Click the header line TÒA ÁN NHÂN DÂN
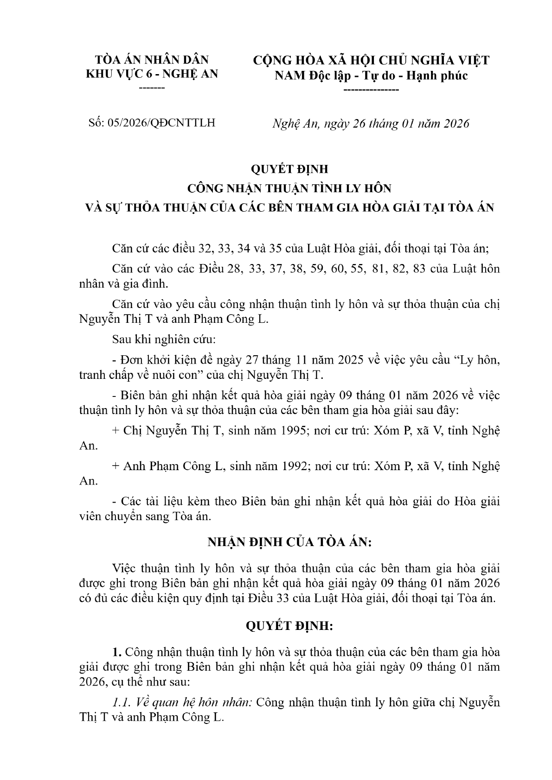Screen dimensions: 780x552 click(152, 60)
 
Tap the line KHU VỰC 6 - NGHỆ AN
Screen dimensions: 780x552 click(152, 74)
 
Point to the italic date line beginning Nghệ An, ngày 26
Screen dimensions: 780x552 click(370, 124)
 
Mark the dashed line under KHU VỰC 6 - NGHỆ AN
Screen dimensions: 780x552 click(152, 88)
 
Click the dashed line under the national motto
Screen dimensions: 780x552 click(371, 89)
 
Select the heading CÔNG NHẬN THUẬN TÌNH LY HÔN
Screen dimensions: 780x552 click(289, 189)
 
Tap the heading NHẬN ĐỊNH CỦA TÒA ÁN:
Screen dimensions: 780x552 click(289, 542)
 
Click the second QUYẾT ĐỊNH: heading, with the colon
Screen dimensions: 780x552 click(289, 626)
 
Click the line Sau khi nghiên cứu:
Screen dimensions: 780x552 click(164, 340)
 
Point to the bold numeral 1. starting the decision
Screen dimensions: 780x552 click(116, 652)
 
